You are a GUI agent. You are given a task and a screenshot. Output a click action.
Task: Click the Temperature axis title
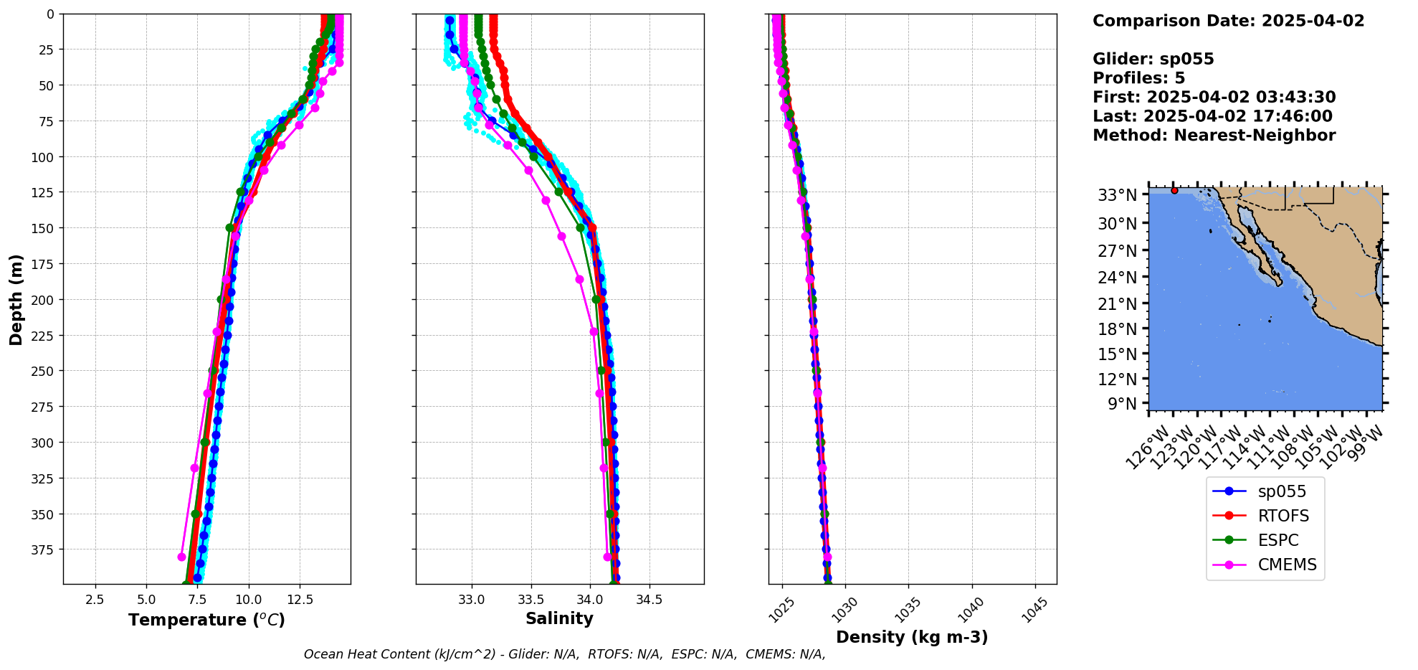coord(206,620)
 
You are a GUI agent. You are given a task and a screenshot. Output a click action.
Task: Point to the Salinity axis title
coord(559,618)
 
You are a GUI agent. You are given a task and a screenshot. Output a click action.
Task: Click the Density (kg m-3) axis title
coord(912,637)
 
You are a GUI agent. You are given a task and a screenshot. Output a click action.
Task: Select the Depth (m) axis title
coord(16,299)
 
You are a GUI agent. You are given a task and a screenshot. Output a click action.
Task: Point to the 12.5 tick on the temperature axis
coord(300,599)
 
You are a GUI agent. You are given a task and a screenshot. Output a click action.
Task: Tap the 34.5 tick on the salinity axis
coord(649,599)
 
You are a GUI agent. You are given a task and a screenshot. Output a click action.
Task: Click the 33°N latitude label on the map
coord(1117,195)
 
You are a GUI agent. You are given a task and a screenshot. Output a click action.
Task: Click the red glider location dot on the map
coord(1174,190)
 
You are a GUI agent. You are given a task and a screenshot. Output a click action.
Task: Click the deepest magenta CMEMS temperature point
coord(181,557)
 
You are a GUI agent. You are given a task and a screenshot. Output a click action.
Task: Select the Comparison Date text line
coord(1228,21)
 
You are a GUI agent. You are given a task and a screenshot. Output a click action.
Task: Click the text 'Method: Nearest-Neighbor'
coord(1214,136)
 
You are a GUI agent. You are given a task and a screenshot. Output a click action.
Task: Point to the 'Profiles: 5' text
coord(1138,78)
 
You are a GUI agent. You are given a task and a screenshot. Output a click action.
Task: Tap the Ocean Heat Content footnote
coord(564,654)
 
